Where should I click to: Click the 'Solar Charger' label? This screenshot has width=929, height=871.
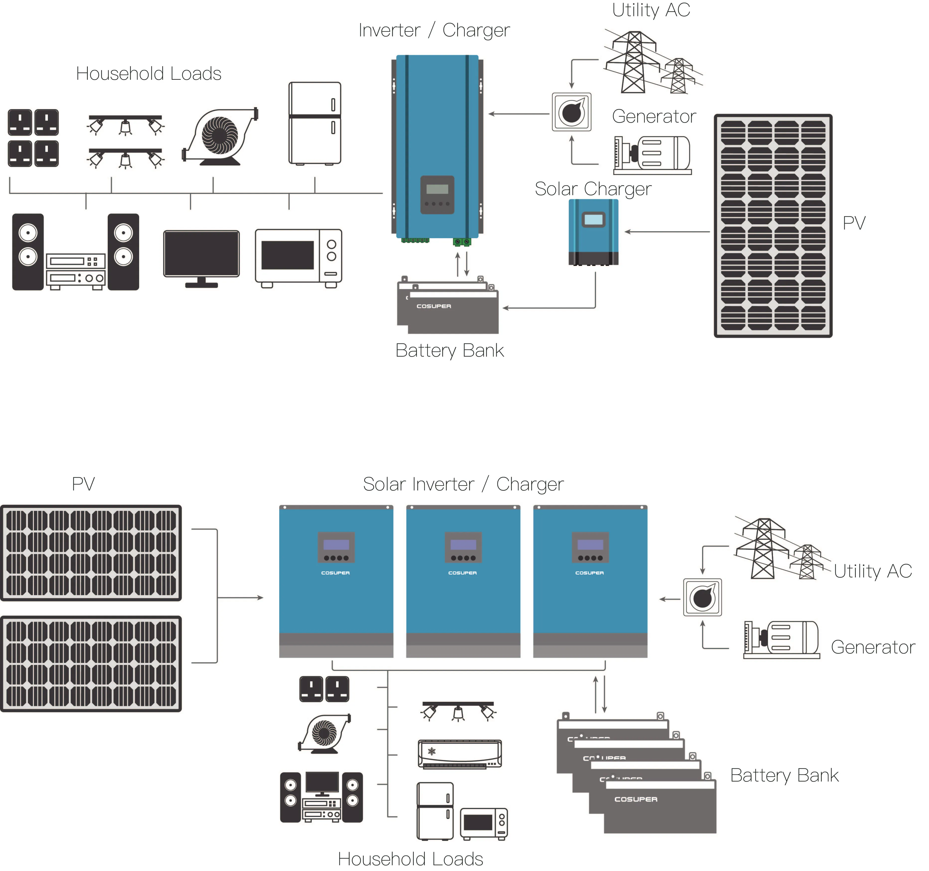click(593, 189)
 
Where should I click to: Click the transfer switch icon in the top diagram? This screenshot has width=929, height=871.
click(571, 112)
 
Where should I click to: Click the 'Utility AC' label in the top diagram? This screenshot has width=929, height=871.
click(651, 10)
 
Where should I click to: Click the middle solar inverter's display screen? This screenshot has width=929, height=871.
click(463, 545)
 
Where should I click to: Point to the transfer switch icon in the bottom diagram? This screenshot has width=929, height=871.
click(702, 597)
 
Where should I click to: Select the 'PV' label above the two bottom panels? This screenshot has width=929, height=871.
click(83, 484)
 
